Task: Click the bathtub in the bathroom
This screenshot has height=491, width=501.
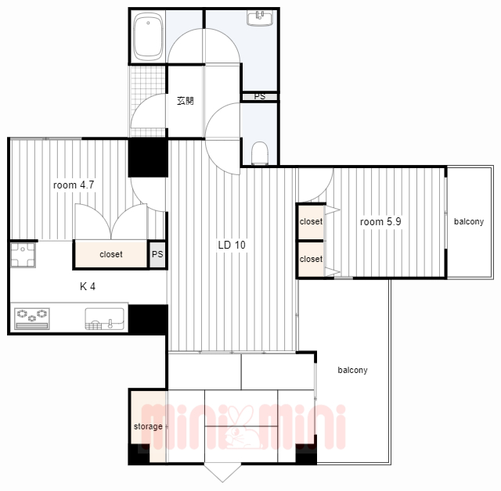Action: (148, 37)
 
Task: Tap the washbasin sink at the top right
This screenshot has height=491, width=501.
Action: (260, 17)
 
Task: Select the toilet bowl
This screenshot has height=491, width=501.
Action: (259, 153)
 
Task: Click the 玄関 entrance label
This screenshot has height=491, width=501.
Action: (186, 101)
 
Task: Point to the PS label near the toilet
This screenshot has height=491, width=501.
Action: (260, 96)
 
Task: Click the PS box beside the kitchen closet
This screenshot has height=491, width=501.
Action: (157, 254)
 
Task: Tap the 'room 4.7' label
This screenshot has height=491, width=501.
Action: (74, 185)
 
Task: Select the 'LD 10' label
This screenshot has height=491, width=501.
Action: (232, 245)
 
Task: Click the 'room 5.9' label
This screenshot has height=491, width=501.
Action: (380, 222)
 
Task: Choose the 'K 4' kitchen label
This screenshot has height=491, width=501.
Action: (88, 286)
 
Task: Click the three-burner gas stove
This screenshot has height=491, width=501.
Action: (32, 318)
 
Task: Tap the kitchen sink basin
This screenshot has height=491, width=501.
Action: (104, 318)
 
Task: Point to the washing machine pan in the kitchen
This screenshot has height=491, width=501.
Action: (23, 255)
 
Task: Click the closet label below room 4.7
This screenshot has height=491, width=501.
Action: (111, 254)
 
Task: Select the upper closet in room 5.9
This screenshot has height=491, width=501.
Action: (312, 222)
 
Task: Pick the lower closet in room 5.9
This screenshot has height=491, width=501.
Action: (312, 259)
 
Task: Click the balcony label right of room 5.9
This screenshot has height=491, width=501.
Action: (469, 221)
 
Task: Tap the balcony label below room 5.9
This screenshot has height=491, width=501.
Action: (352, 370)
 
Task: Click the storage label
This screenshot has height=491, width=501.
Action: (148, 427)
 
